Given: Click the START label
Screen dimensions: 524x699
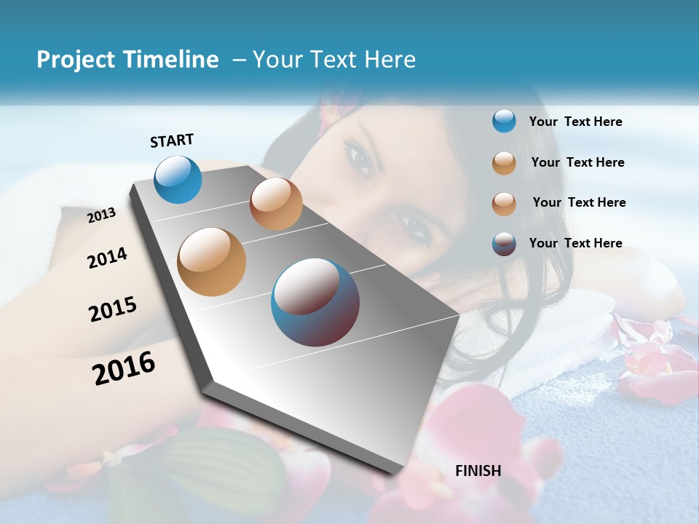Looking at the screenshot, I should pyautogui.click(x=172, y=140).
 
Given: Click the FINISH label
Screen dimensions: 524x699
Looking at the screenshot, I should pyautogui.click(x=478, y=471).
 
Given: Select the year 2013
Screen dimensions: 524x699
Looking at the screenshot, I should pyautogui.click(x=101, y=215).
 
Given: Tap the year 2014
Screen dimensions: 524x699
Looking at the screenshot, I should pyautogui.click(x=107, y=258).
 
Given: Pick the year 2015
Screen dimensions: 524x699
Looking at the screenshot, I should pyautogui.click(x=112, y=309).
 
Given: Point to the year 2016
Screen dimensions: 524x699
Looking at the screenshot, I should pyautogui.click(x=124, y=368).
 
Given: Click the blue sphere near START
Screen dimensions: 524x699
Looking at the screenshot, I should pyautogui.click(x=178, y=179).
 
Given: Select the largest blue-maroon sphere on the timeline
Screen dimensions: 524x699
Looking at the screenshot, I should pyautogui.click(x=315, y=302).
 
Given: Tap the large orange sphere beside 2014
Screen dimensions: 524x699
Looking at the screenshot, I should pyautogui.click(x=211, y=261).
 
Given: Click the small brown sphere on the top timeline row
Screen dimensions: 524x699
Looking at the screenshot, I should pyautogui.click(x=276, y=204).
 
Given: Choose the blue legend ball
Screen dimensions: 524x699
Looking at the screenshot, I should pyautogui.click(x=504, y=121).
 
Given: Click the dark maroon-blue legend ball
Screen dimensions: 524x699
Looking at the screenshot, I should pyautogui.click(x=504, y=244).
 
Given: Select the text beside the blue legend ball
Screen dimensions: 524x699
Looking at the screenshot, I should pyautogui.click(x=575, y=122).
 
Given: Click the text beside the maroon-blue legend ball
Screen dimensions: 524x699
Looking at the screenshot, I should pyautogui.click(x=575, y=243).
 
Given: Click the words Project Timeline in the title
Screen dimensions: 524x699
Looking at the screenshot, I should pyautogui.click(x=127, y=60).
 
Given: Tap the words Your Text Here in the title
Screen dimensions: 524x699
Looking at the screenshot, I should pyautogui.click(x=334, y=60).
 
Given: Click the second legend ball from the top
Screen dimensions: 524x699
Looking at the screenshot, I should pyautogui.click(x=504, y=163).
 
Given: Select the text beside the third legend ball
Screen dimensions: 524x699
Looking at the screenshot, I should pyautogui.click(x=579, y=202).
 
